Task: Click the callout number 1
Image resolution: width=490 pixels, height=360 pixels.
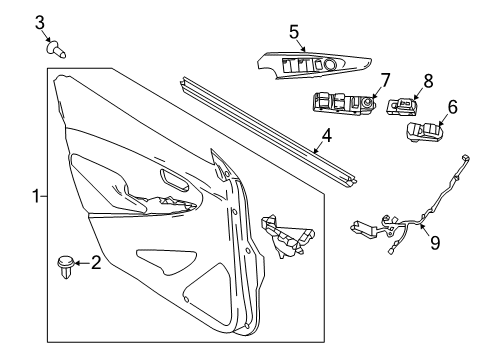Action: click(x=37, y=197)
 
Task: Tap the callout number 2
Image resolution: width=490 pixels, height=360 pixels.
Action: click(x=96, y=263)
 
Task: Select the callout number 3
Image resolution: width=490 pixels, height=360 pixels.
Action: click(x=40, y=21)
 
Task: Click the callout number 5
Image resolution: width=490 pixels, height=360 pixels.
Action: click(x=295, y=32)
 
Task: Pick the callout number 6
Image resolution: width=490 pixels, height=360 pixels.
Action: click(x=452, y=105)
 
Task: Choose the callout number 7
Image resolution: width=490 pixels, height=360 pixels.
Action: click(x=384, y=78)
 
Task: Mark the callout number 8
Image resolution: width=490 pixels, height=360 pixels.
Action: click(x=428, y=79)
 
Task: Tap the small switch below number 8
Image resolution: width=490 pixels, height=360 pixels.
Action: click(x=405, y=105)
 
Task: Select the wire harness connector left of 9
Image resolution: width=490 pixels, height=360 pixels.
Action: click(x=362, y=229)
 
